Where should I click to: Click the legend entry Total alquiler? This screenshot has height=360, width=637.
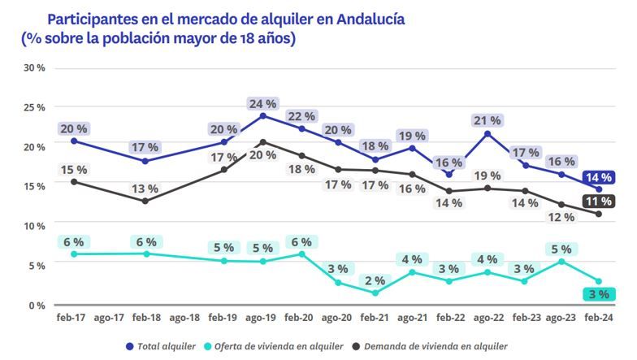click(166, 346)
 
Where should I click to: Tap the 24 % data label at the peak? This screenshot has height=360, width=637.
click(263, 104)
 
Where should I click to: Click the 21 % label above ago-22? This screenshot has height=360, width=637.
click(487, 120)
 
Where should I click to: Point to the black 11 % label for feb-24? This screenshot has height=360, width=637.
click(600, 202)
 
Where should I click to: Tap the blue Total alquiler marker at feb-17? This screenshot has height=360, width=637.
click(74, 141)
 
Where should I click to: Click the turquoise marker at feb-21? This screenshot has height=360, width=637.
click(375, 293)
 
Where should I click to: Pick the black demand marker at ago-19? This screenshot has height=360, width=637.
click(263, 142)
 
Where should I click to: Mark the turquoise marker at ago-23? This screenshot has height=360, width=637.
click(561, 262)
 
